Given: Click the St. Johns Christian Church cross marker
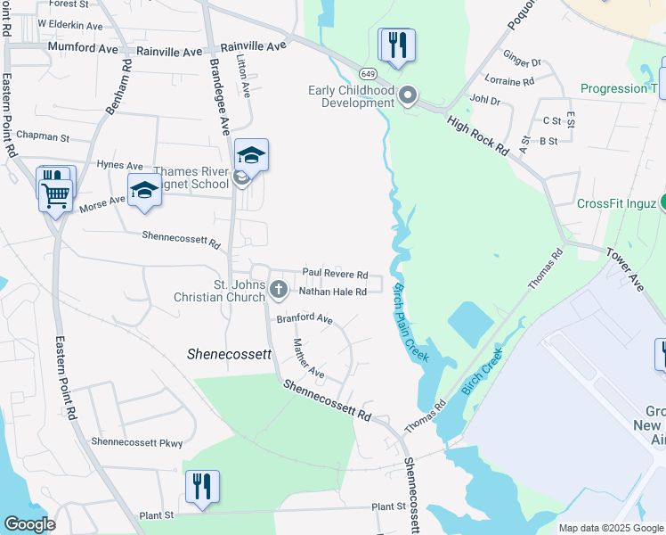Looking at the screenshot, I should [278, 289].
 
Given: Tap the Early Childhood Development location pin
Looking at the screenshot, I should [408, 95].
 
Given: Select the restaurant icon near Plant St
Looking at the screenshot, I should [202, 487].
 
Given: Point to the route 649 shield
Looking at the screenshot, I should [367, 72].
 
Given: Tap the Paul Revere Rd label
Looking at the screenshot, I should [335, 274].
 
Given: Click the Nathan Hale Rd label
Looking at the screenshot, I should [332, 292].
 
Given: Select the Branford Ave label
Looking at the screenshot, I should [305, 318].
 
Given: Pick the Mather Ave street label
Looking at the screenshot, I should [309, 357].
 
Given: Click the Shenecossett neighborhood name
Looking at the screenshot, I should [229, 354].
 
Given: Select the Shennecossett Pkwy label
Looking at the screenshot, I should [136, 441].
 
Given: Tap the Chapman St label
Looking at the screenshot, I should [48, 137].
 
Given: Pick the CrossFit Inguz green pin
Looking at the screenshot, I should [662, 203].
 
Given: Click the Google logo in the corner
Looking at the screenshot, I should [29, 524].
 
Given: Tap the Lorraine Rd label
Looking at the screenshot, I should [516, 81].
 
